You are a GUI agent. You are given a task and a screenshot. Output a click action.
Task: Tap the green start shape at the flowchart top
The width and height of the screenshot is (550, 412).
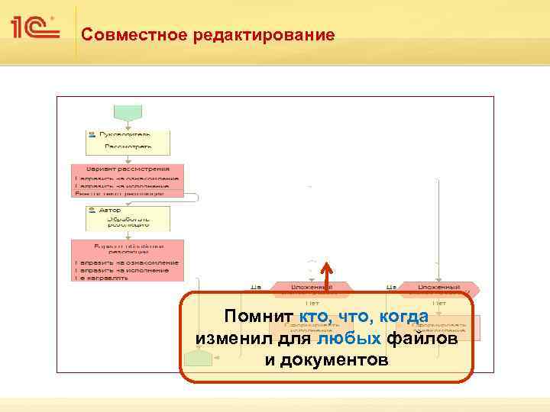[127, 111]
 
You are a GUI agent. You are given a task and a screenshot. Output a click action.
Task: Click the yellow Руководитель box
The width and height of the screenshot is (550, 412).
[128, 142]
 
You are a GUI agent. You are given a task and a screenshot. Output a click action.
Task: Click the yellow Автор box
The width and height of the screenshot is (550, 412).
[128, 217]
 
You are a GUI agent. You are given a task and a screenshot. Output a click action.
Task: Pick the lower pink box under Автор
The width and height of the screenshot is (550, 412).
[128, 260]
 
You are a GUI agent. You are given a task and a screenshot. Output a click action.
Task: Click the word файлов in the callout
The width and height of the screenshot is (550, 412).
[422, 338]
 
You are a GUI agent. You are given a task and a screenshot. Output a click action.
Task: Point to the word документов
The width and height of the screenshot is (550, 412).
[326, 359]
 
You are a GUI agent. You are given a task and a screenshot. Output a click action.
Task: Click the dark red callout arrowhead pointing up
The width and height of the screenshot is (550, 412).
[326, 269]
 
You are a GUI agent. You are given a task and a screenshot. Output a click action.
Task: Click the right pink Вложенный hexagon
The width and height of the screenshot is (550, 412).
[438, 288]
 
